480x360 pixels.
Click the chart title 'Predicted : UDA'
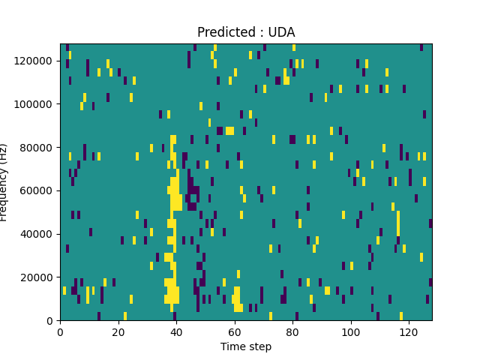(x=246, y=32)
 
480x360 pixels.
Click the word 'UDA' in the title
(x=282, y=32)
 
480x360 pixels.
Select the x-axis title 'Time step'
(x=246, y=346)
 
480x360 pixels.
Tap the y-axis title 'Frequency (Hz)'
(x=4, y=182)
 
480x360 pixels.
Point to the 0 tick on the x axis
(x=60, y=331)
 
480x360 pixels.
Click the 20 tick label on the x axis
(x=118, y=331)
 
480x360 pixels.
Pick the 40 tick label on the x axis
(x=176, y=331)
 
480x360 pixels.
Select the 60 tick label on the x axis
(x=234, y=331)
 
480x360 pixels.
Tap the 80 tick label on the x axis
(x=292, y=331)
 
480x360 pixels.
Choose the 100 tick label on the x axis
(x=350, y=331)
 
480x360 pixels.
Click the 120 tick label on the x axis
(x=409, y=331)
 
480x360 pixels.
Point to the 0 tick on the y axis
(x=51, y=320)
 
